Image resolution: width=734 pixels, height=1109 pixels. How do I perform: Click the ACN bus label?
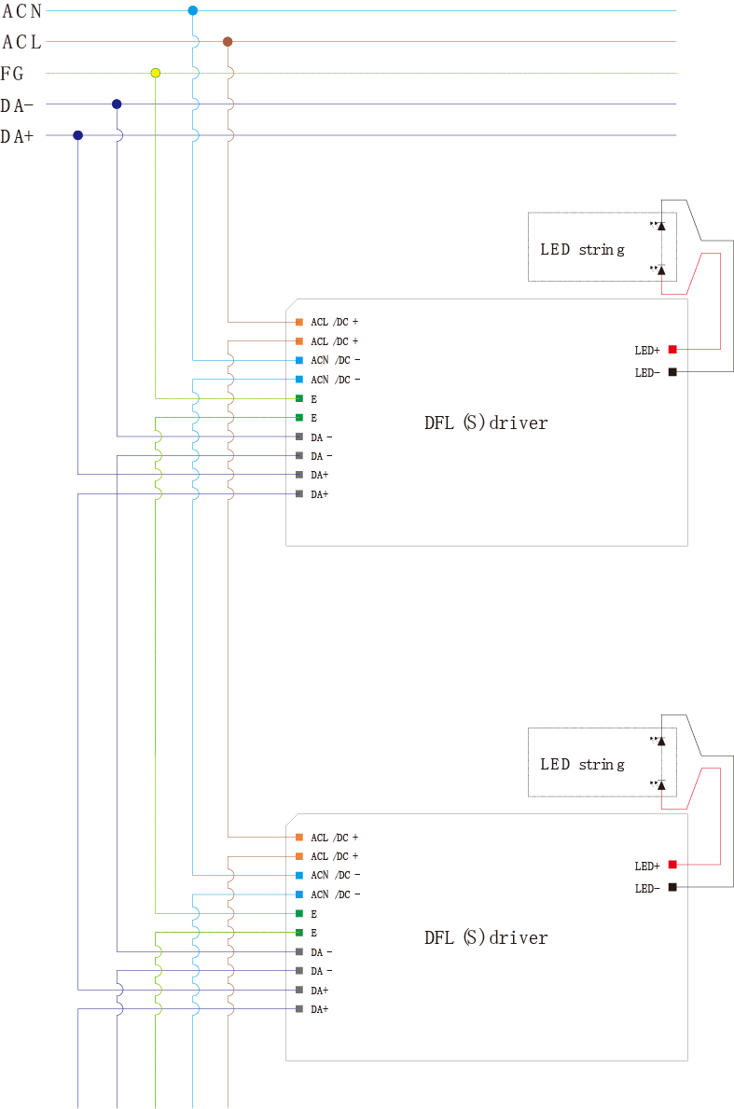21,11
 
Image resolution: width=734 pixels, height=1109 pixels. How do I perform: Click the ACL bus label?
21,43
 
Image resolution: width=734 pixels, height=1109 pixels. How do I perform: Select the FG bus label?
13,74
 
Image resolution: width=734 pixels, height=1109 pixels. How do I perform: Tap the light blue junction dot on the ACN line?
193,10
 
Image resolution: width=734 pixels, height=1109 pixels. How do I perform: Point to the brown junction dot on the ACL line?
228,42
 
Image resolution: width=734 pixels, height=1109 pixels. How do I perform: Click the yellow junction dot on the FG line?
156,73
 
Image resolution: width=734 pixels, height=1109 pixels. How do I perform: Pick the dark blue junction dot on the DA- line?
117,104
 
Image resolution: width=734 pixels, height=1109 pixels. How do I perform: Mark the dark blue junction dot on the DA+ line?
77,135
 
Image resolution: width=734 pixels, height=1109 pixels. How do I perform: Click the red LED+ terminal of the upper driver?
672,349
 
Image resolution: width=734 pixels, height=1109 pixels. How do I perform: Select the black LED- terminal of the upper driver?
672,372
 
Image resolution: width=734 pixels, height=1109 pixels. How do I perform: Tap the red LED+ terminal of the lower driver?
672,865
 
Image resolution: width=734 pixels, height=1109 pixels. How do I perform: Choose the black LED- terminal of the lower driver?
672,887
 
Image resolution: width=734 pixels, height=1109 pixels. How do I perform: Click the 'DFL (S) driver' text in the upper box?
486,423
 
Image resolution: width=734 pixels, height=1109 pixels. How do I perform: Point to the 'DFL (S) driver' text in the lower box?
486,937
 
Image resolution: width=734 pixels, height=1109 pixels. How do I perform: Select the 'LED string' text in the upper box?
582,250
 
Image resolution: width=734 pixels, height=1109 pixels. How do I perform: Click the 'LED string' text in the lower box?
582,765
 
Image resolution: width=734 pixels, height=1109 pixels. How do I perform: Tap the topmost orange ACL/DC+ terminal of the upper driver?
299,322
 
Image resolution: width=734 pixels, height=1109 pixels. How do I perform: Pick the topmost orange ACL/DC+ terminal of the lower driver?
299,837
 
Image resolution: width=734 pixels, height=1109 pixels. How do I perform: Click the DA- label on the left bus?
18,105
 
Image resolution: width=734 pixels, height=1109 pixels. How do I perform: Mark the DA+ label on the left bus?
18,136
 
